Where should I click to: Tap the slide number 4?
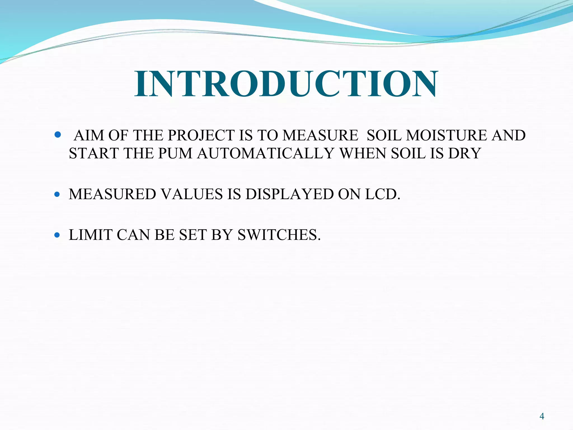point(542,416)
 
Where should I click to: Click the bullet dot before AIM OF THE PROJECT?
point(58,135)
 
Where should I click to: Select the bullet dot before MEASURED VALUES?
point(57,194)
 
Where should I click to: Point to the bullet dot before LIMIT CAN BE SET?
point(57,235)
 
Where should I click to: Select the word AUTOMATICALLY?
point(266,153)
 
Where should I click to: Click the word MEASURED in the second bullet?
point(112,194)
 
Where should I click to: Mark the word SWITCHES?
point(279,235)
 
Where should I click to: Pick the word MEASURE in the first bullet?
point(320,135)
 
